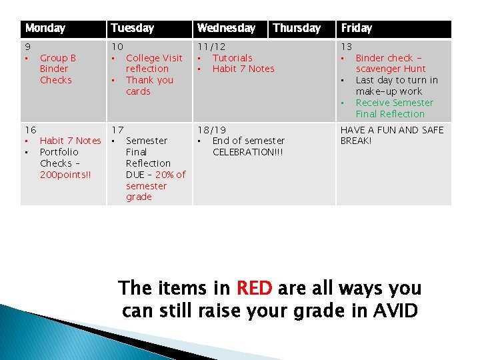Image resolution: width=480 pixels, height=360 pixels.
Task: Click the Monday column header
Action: [x=45, y=29]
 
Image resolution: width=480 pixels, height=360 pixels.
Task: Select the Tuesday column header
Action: [x=132, y=29]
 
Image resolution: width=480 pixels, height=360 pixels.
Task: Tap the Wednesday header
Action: [x=226, y=29]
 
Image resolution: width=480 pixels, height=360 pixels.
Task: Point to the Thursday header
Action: [x=297, y=29]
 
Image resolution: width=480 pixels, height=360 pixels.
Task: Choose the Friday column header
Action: [x=357, y=29]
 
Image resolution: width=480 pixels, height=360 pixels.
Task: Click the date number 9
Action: [x=27, y=47]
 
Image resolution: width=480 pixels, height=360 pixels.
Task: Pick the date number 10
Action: [x=117, y=47]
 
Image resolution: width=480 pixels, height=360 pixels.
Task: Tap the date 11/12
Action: [x=211, y=47]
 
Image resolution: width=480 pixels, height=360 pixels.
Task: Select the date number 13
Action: [x=347, y=47]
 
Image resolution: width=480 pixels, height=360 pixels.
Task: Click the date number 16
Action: [x=30, y=129]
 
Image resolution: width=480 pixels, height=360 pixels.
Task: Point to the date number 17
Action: [x=117, y=129]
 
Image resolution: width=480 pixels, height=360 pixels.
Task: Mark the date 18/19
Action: [x=211, y=129]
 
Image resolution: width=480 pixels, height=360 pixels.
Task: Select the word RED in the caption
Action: [x=254, y=289]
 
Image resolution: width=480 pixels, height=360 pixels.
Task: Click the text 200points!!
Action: [x=65, y=175]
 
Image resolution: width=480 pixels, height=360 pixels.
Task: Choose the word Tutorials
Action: [x=232, y=58]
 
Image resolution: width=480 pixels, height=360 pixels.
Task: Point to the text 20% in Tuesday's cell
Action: [x=166, y=175]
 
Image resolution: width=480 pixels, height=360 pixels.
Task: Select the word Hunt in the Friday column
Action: [x=413, y=69]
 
